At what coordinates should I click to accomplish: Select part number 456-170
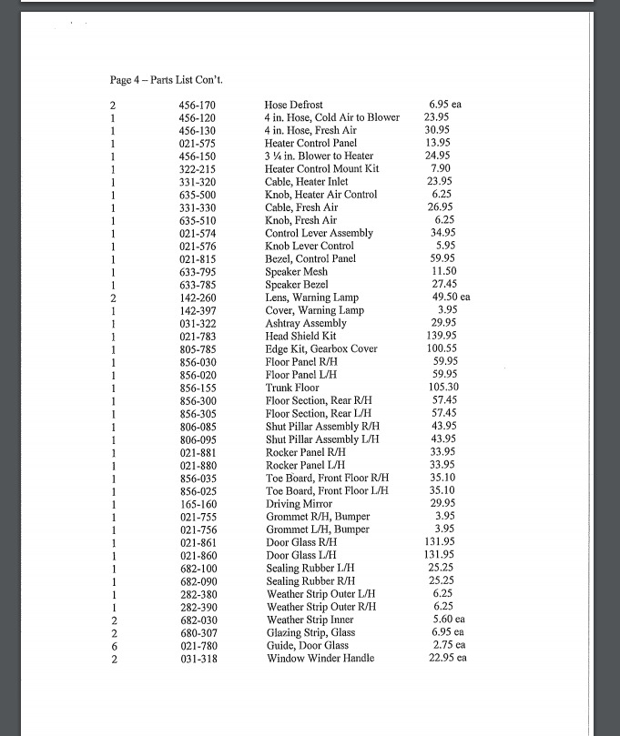[197, 105]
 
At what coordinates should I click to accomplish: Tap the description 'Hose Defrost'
[293, 105]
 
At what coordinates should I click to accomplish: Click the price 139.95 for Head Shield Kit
[442, 337]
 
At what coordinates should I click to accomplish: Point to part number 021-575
[197, 143]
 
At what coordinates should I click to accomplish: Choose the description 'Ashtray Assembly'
[306, 324]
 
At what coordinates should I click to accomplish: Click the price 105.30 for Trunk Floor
[442, 388]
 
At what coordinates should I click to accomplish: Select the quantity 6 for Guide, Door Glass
[113, 645]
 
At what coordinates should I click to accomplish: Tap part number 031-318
[198, 659]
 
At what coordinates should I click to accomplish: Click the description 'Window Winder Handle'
[320, 659]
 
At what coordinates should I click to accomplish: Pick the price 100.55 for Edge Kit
[442, 349]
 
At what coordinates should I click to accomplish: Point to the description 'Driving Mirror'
[299, 504]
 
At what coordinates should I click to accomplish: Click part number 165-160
[198, 504]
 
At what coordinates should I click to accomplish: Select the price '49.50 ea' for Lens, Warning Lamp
[451, 297]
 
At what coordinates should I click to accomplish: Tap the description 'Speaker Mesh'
[296, 272]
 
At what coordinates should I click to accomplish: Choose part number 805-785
[198, 349]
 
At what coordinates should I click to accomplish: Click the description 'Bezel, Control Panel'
[311, 259]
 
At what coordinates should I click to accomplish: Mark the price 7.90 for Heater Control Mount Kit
[441, 168]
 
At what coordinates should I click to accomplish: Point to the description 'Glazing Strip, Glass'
[310, 632]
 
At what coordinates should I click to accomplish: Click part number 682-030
[198, 620]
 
